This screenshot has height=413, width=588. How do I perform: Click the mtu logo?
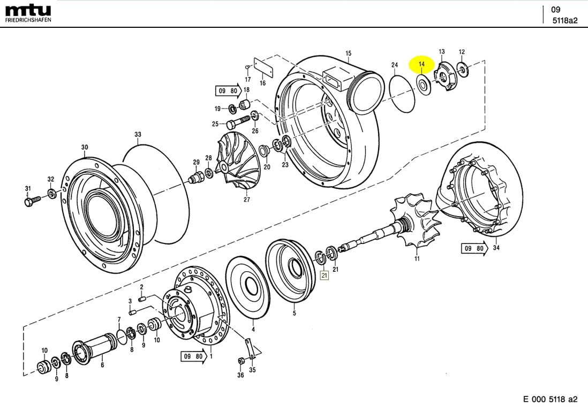pos(28,10)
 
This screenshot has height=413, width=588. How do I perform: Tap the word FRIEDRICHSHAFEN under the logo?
pos(28,20)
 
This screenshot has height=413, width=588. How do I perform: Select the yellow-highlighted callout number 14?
pos(421,64)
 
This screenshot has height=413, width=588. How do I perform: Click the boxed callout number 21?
pos(323,276)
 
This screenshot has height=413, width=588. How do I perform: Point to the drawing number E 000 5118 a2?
pos(550,399)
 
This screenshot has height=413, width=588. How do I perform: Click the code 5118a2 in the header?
pos(565,21)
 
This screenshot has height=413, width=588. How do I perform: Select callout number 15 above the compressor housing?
pos(348,53)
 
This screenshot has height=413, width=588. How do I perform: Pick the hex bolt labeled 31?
pos(31,202)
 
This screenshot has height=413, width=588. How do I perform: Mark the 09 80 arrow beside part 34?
pos(474,249)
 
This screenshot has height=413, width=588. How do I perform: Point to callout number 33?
pos(138,134)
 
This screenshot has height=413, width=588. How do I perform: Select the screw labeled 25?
pos(237,123)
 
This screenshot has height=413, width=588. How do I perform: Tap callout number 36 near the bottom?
pos(240,375)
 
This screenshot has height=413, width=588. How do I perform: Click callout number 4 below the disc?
pos(253,330)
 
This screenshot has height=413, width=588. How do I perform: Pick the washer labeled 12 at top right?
pos(462,68)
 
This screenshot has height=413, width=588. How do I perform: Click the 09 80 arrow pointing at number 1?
pos(193,356)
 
